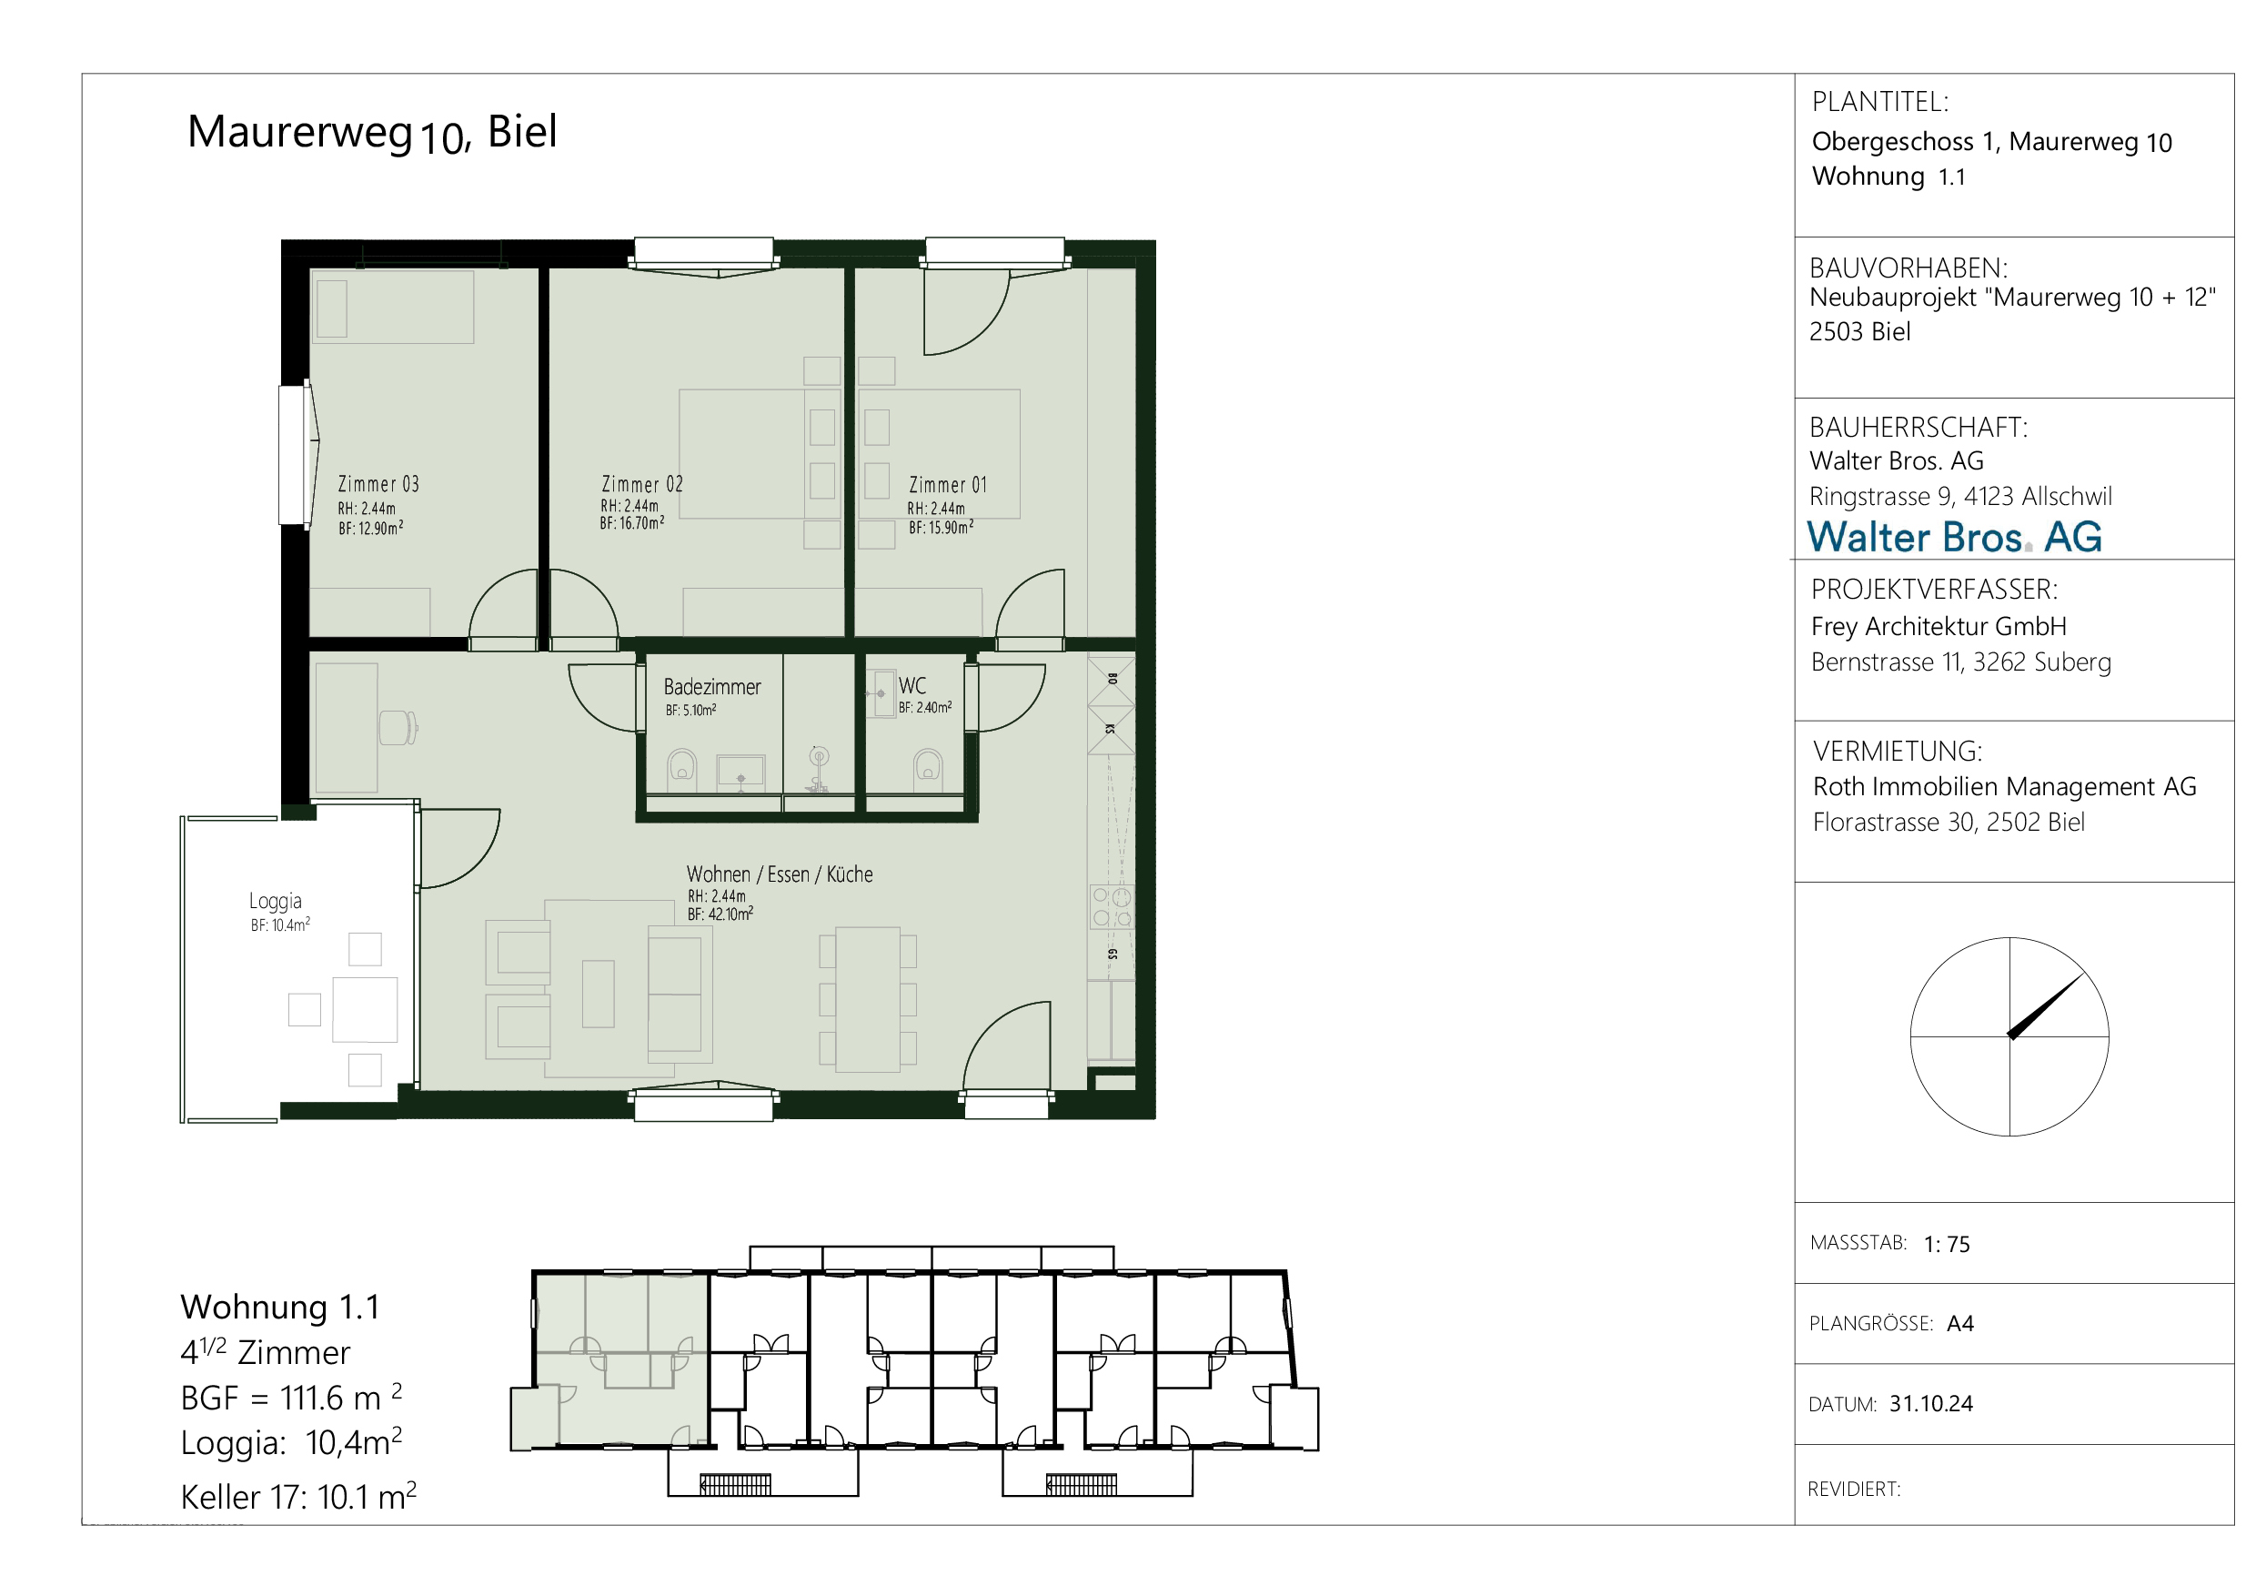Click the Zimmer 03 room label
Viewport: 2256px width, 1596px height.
(x=378, y=484)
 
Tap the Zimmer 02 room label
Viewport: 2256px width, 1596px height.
(x=641, y=484)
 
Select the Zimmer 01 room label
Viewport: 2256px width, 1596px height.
(x=947, y=486)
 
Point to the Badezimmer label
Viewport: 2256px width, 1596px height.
(x=712, y=687)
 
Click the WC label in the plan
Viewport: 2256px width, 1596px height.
(x=911, y=686)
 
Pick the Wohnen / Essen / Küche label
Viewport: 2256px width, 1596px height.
(x=780, y=874)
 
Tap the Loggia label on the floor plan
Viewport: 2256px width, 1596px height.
(x=275, y=901)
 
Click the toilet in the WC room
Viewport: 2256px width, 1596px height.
(x=928, y=766)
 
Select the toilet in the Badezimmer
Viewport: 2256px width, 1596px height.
(x=682, y=766)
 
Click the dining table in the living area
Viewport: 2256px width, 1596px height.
(x=868, y=999)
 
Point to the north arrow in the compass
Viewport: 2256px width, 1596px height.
(x=2046, y=1005)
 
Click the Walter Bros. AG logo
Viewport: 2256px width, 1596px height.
(x=1954, y=538)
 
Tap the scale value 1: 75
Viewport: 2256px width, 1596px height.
(x=1947, y=1244)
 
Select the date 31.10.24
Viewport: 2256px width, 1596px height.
(x=1930, y=1403)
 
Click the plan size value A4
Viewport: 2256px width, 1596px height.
(x=1960, y=1324)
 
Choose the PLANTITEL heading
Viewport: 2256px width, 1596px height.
(x=1879, y=102)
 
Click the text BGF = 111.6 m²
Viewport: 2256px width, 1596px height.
(x=291, y=1397)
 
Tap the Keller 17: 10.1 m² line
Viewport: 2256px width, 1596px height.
(x=298, y=1497)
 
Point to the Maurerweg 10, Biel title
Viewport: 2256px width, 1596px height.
(x=372, y=133)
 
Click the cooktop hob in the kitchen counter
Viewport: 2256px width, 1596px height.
(x=1112, y=907)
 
